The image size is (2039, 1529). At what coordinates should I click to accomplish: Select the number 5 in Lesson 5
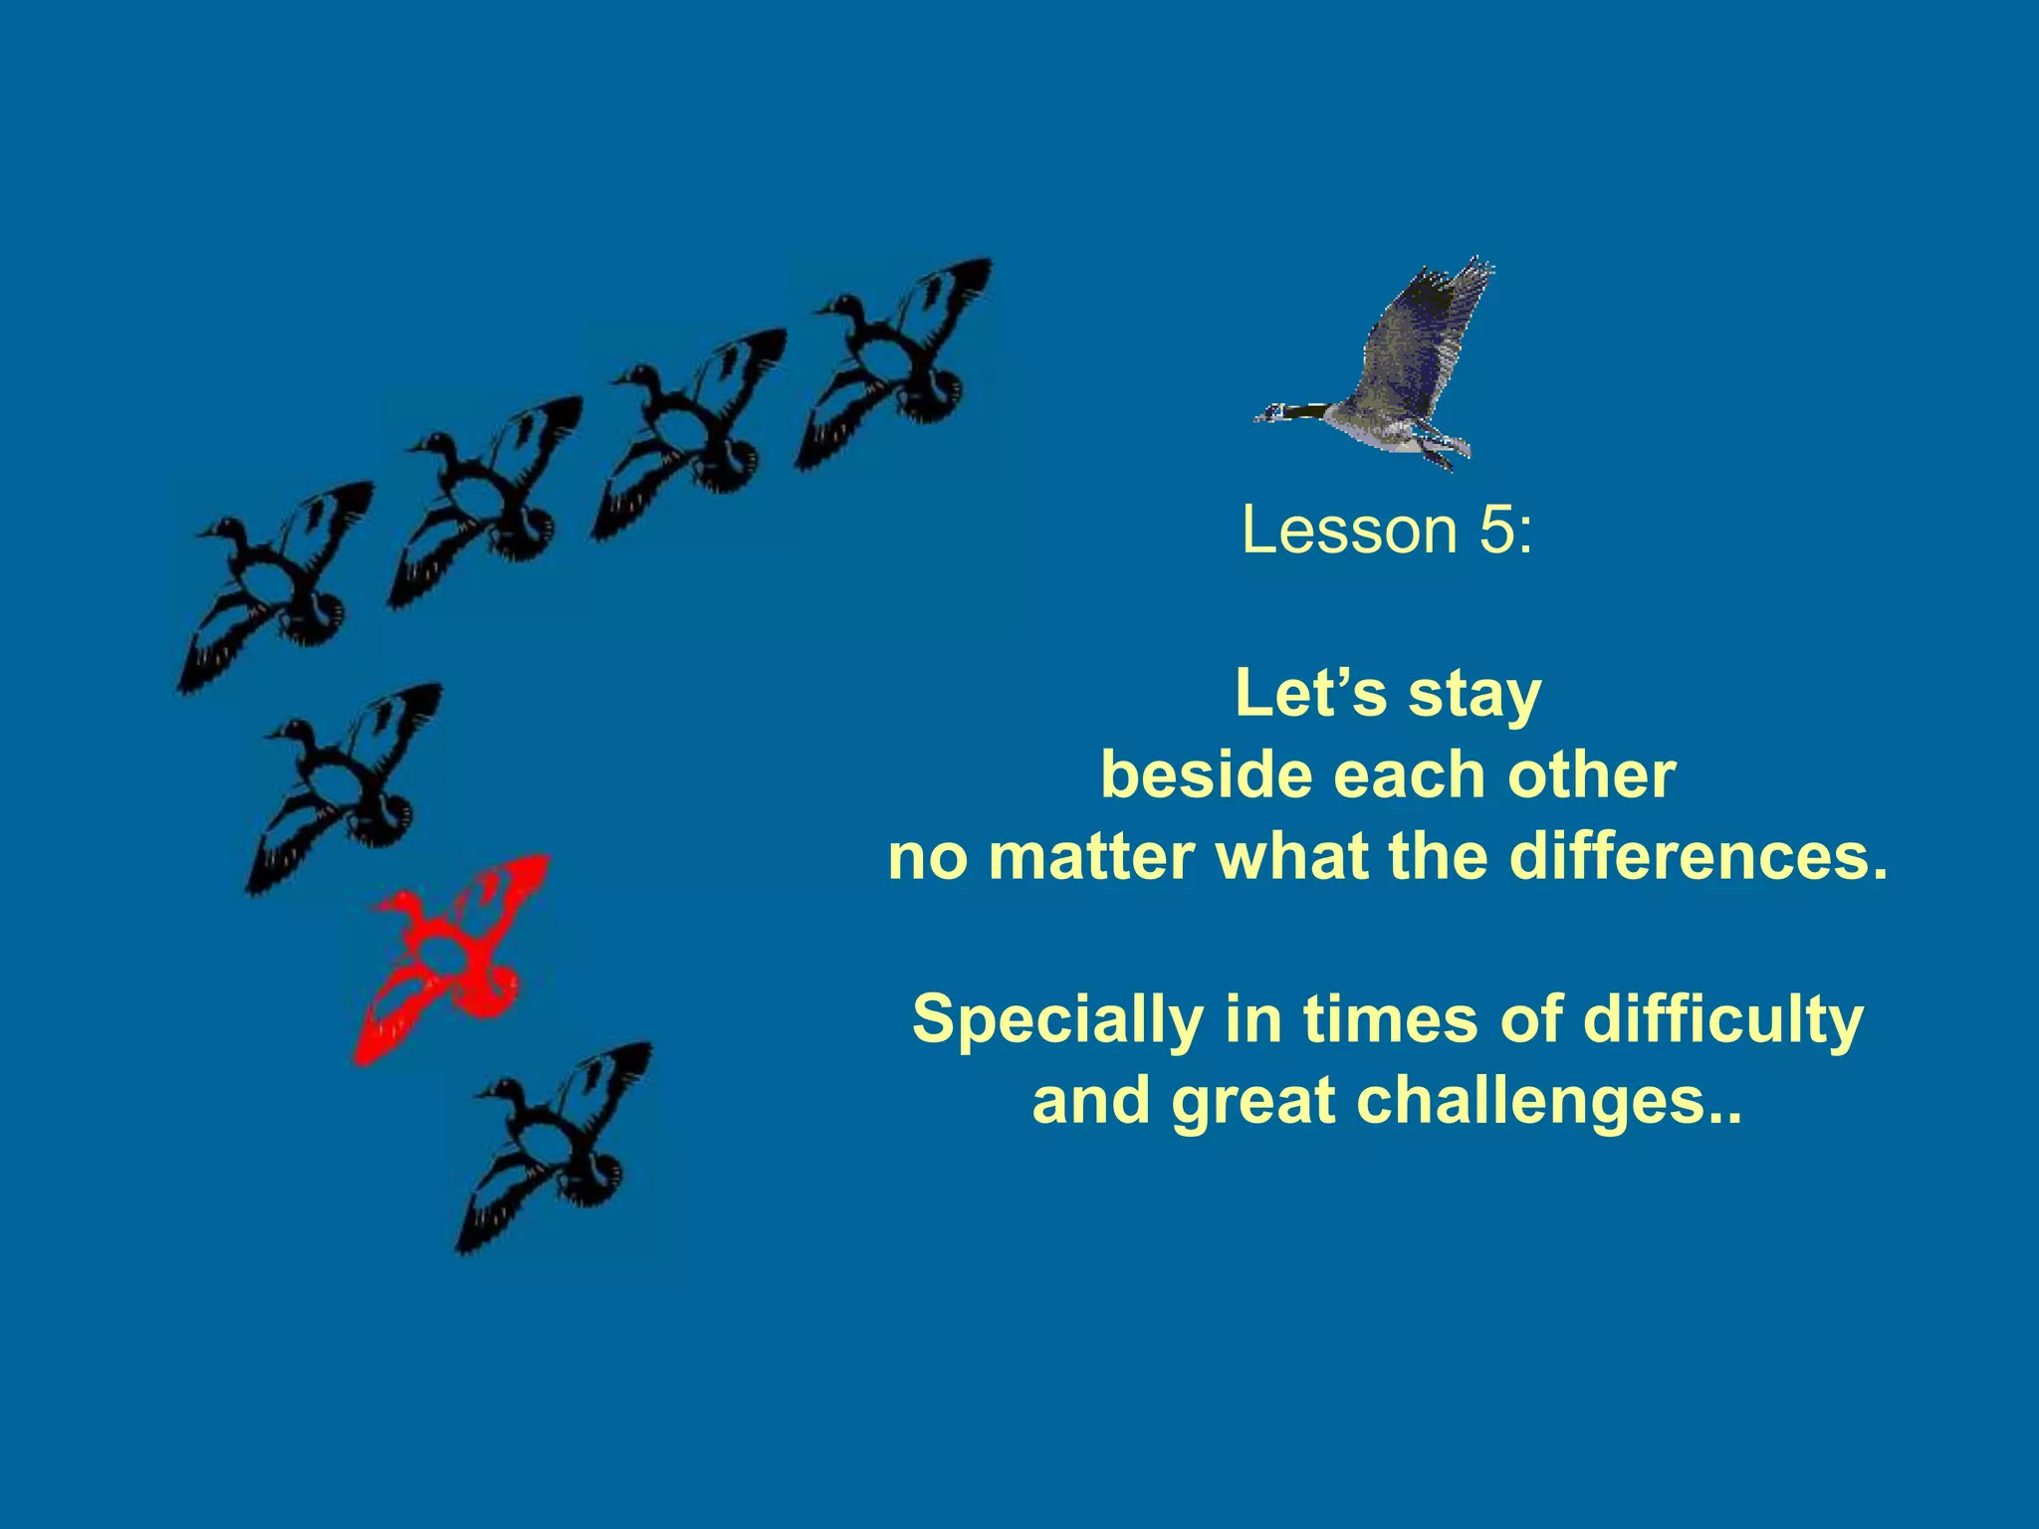[x=1496, y=532]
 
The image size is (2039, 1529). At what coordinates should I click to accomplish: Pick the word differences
[x=1698, y=857]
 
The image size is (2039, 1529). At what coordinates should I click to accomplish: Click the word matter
[x=1092, y=857]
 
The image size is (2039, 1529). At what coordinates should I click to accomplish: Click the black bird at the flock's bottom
[x=558, y=1145]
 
